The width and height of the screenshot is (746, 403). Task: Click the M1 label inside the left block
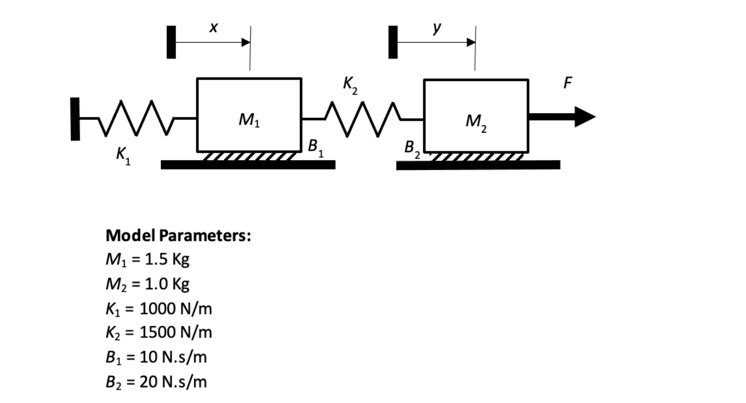249,119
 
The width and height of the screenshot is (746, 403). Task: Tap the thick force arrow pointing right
562,116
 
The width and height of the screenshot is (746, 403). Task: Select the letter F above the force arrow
568,83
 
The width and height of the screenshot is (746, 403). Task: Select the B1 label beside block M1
315,147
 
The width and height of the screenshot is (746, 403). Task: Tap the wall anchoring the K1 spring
75,118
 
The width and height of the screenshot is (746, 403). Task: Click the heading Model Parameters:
178,236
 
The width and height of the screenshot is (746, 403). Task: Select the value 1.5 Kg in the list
165,259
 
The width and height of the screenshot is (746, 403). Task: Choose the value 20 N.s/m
173,381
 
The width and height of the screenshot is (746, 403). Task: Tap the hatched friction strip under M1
249,157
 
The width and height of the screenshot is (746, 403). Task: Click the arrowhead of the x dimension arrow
246,42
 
